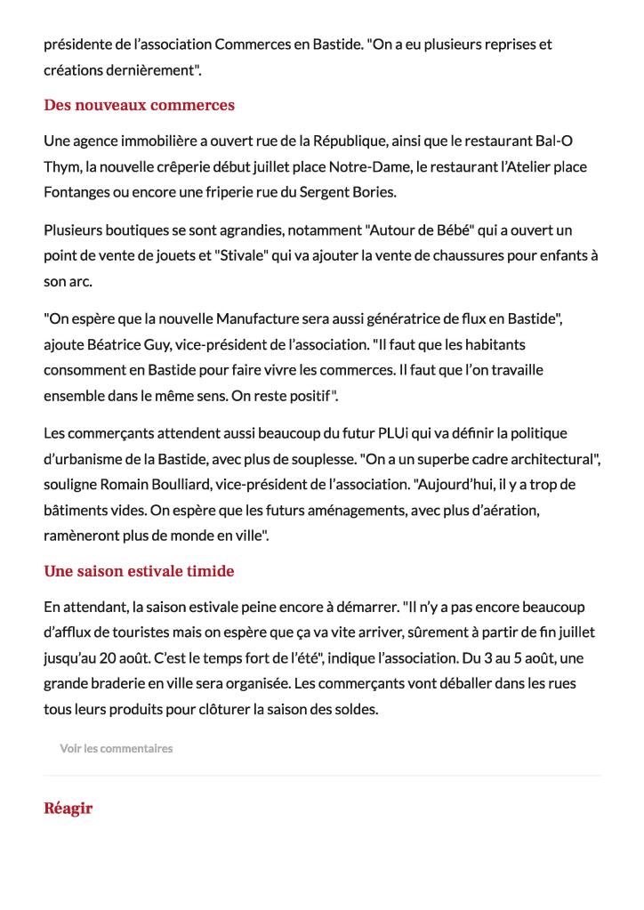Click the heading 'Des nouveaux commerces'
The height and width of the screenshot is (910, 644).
pos(139,105)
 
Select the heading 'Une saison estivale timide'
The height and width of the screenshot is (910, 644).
pos(139,571)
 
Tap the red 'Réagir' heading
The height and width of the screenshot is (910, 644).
pos(68,808)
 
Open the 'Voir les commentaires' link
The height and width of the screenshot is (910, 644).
pos(116,748)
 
